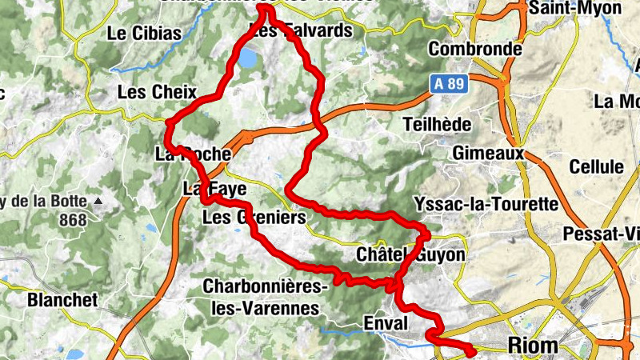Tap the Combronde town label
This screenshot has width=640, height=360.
point(475,49)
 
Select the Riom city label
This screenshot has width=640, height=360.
point(534,345)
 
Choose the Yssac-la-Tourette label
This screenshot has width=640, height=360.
point(487,205)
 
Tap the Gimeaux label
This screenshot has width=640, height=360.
point(487,152)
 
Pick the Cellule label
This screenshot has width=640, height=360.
point(596,167)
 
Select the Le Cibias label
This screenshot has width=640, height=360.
point(144,34)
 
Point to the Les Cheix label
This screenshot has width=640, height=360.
point(152,92)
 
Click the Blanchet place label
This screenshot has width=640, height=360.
point(62,300)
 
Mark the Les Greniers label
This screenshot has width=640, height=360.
point(254,218)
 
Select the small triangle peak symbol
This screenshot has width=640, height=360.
point(98,200)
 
